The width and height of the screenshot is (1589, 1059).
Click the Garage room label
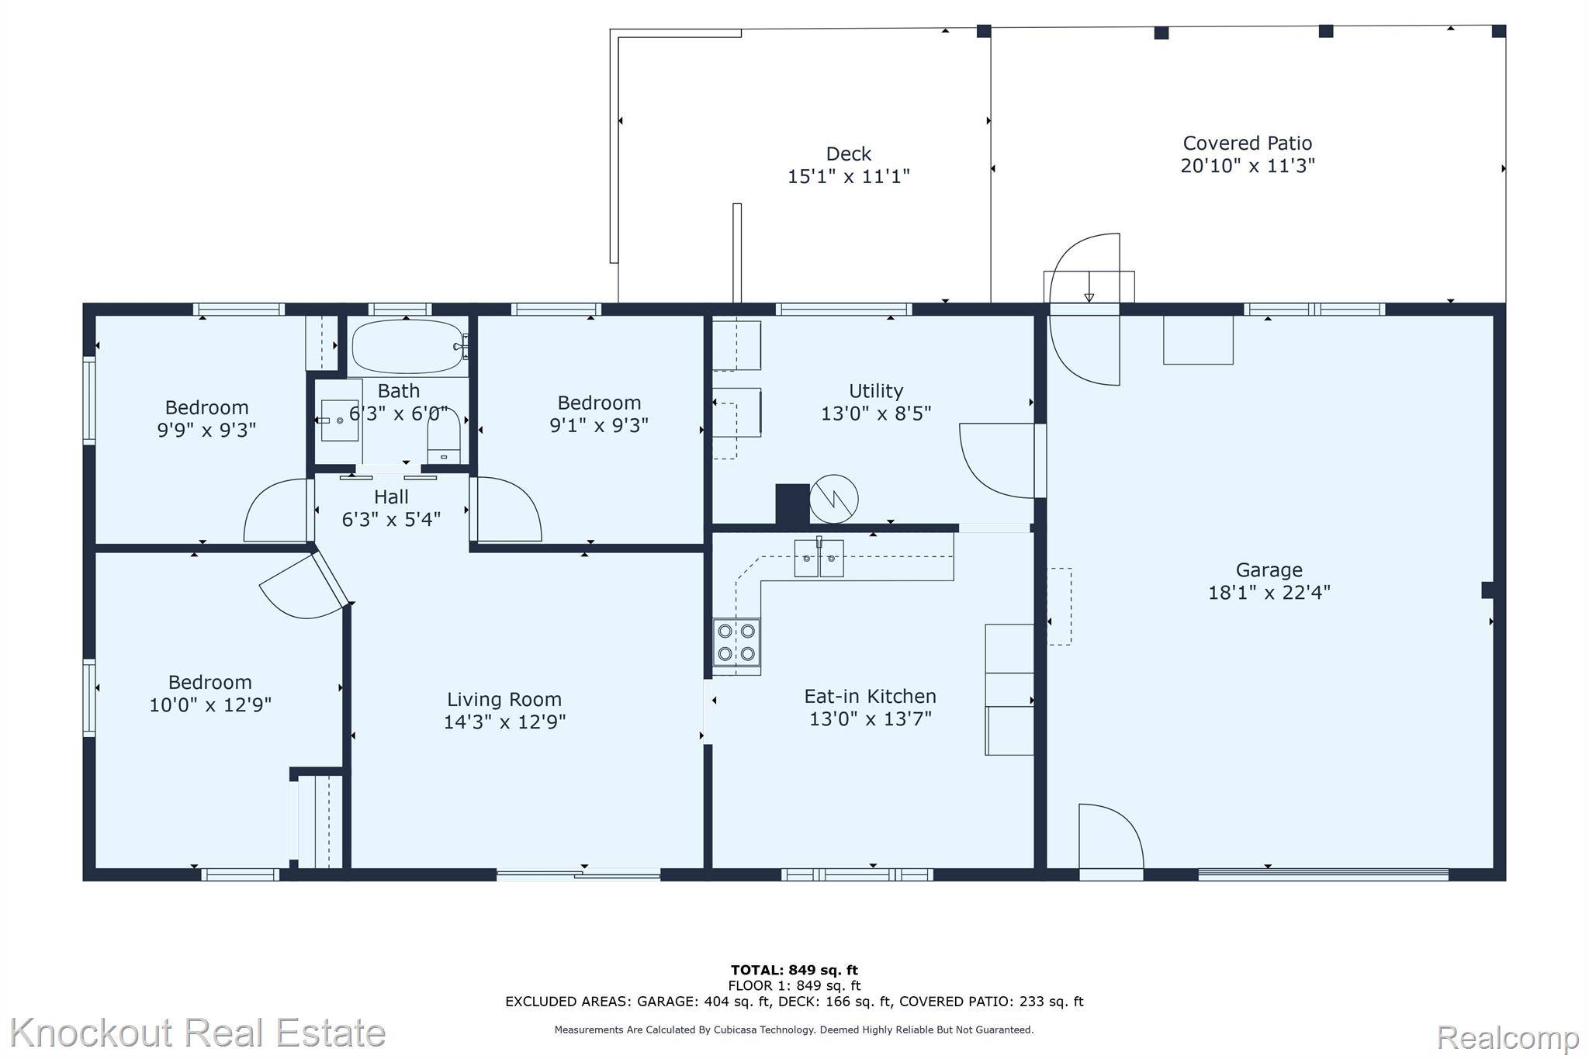pos(1269,570)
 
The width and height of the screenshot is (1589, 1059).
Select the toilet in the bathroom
pos(444,438)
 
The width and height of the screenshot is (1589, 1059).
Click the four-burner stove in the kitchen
pos(736,642)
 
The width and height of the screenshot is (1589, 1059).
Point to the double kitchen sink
pos(819,559)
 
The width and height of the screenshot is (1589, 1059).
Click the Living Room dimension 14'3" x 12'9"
pos(504,722)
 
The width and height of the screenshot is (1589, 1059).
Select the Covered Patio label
pos(1247,144)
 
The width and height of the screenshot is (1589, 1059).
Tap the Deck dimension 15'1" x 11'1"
pos(848,177)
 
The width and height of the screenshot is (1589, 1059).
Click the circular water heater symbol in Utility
pos(834,499)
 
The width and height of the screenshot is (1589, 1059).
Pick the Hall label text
pos(391,497)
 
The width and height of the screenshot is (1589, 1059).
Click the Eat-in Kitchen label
pos(870,696)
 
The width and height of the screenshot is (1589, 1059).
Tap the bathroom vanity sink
pos(340,420)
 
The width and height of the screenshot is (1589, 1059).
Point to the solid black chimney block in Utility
pos(792,504)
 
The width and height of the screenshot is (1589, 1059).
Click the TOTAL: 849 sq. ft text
pos(794,970)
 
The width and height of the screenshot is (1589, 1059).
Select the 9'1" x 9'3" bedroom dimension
pos(599,425)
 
